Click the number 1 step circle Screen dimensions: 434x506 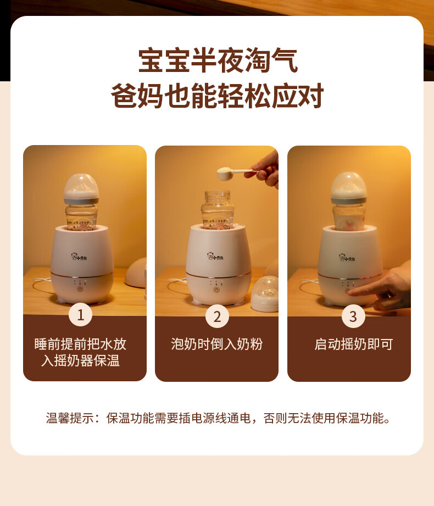tap(80, 315)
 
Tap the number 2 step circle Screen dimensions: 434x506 tap(217, 316)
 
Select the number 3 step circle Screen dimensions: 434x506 tap(353, 316)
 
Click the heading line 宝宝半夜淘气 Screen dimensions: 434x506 tap(218, 60)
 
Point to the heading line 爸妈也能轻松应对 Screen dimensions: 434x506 tap(217, 96)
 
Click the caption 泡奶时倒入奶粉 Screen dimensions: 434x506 tap(217, 344)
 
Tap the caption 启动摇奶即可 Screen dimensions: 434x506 tap(354, 344)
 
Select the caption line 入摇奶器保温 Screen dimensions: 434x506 tap(80, 360)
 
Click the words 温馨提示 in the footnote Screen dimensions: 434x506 tap(70, 418)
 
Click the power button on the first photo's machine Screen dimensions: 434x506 tap(80, 289)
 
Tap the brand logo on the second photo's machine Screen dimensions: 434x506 tap(215, 256)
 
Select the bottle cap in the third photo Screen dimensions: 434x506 tap(349, 188)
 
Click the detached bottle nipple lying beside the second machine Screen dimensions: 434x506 tap(265, 294)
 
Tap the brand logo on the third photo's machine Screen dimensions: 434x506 tap(347, 258)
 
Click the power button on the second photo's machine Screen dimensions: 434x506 tap(216, 290)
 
